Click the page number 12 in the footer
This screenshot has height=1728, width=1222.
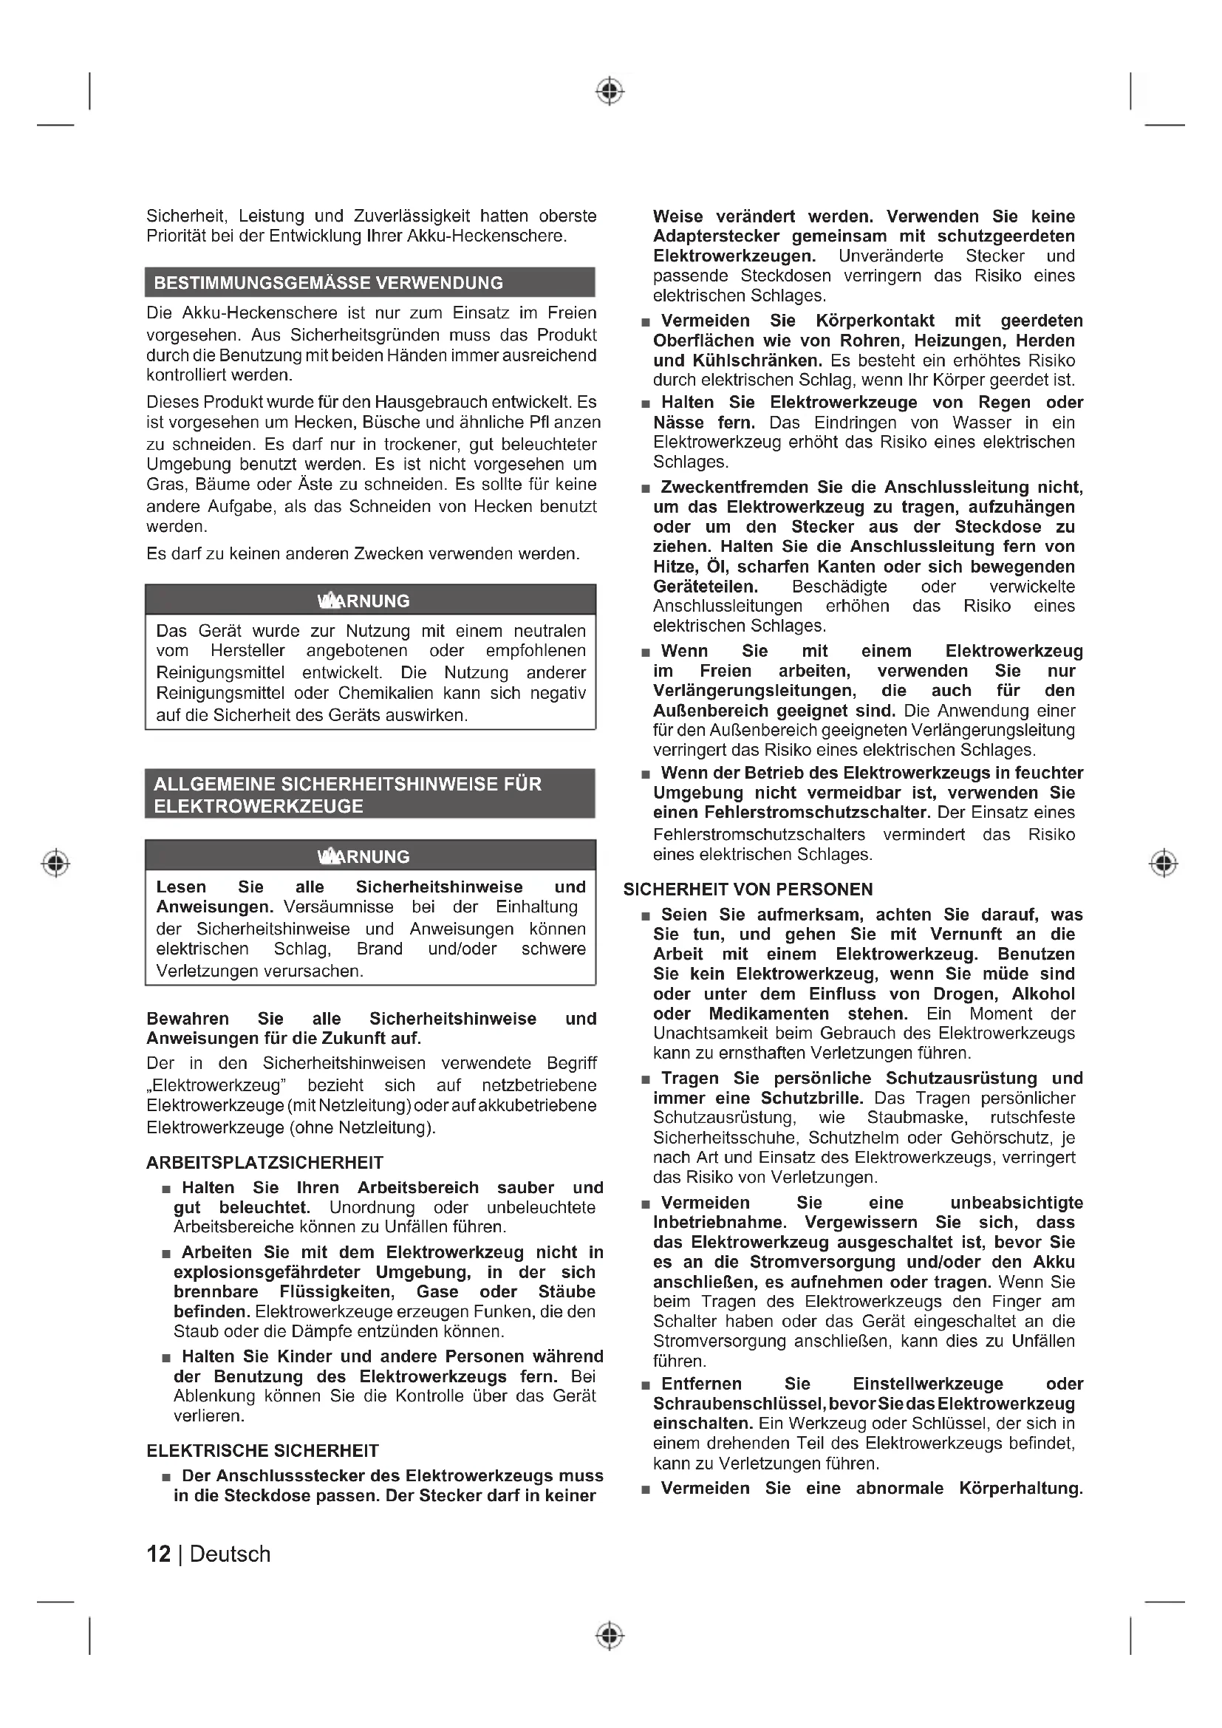tap(159, 1554)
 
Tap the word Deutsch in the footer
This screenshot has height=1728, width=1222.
tap(230, 1554)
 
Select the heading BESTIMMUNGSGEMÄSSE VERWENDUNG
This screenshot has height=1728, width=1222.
tap(329, 283)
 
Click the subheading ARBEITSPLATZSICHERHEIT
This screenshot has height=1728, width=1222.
tap(265, 1163)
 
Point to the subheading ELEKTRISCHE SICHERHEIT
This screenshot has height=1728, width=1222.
tap(262, 1451)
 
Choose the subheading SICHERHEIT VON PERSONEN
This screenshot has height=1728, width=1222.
tap(748, 889)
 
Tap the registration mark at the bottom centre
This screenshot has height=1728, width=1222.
tap(610, 1636)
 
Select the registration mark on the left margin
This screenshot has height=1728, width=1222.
tap(55, 862)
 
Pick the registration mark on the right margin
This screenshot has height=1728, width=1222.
tap(1164, 862)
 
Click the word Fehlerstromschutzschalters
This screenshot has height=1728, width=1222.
tap(760, 835)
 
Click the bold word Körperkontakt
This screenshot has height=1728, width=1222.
tap(875, 321)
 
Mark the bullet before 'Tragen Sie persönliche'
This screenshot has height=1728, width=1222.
tap(645, 1080)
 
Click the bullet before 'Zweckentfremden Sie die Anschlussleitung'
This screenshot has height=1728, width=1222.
tap(645, 489)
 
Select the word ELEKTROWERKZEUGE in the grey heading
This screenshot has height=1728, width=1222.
tap(259, 806)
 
